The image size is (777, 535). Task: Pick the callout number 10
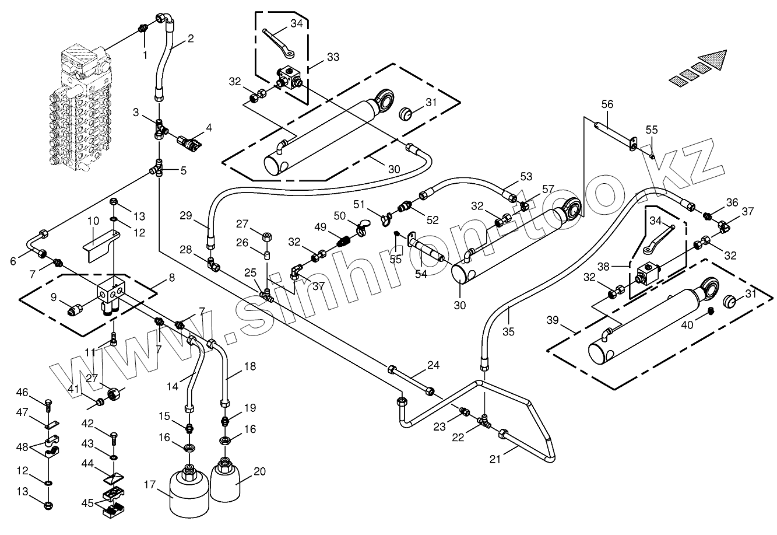click(93, 221)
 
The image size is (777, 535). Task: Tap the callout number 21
click(495, 459)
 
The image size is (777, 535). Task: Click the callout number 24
click(433, 366)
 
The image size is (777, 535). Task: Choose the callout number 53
click(526, 176)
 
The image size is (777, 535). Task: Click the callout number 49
click(320, 226)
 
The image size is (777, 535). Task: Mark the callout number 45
click(88, 502)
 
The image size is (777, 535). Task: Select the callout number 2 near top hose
click(191, 40)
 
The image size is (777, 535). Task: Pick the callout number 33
click(333, 57)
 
